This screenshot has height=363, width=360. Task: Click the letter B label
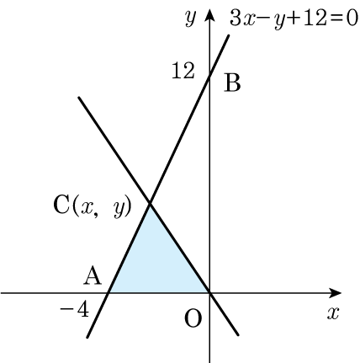[232, 83]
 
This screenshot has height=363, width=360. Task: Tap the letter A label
[93, 276]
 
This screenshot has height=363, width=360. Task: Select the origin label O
[193, 318]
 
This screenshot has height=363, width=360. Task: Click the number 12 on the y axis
[183, 71]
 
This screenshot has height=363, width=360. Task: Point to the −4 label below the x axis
[75, 310]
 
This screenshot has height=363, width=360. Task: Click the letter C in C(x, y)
[61, 205]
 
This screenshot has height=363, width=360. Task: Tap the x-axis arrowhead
[335, 293]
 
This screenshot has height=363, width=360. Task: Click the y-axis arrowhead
[209, 15]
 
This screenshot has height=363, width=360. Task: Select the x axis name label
[333, 313]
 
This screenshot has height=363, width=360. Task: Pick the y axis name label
[190, 19]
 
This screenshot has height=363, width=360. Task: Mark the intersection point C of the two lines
[150, 204]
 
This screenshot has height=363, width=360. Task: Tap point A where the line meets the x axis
[109, 293]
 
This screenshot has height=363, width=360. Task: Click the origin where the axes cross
[209, 293]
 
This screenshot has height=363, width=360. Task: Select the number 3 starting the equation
[236, 19]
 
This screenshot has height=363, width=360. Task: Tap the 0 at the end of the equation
[352, 19]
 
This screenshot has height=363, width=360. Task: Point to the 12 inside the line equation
[315, 19]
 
